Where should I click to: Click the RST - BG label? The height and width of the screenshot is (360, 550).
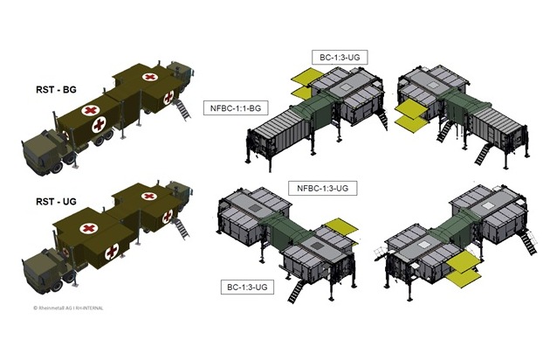[56, 89]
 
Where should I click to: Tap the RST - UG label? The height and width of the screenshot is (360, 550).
[56, 202]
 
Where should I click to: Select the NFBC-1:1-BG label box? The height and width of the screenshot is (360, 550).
[236, 108]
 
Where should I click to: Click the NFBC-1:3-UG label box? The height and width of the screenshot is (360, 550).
[323, 188]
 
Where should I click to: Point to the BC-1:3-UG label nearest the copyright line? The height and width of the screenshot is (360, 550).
[247, 287]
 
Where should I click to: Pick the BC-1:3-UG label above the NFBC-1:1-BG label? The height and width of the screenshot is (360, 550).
[340, 58]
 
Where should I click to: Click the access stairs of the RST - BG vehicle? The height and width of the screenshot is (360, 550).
[182, 110]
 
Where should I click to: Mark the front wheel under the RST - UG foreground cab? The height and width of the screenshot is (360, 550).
[57, 285]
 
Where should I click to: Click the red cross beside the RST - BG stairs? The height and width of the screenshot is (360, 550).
[168, 97]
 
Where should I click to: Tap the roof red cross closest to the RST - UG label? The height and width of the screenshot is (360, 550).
[89, 229]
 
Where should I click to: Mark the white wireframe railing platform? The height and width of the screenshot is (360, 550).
[382, 253]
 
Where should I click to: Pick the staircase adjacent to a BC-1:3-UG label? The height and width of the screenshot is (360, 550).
[296, 291]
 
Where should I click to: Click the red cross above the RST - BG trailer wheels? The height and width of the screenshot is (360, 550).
[100, 124]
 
